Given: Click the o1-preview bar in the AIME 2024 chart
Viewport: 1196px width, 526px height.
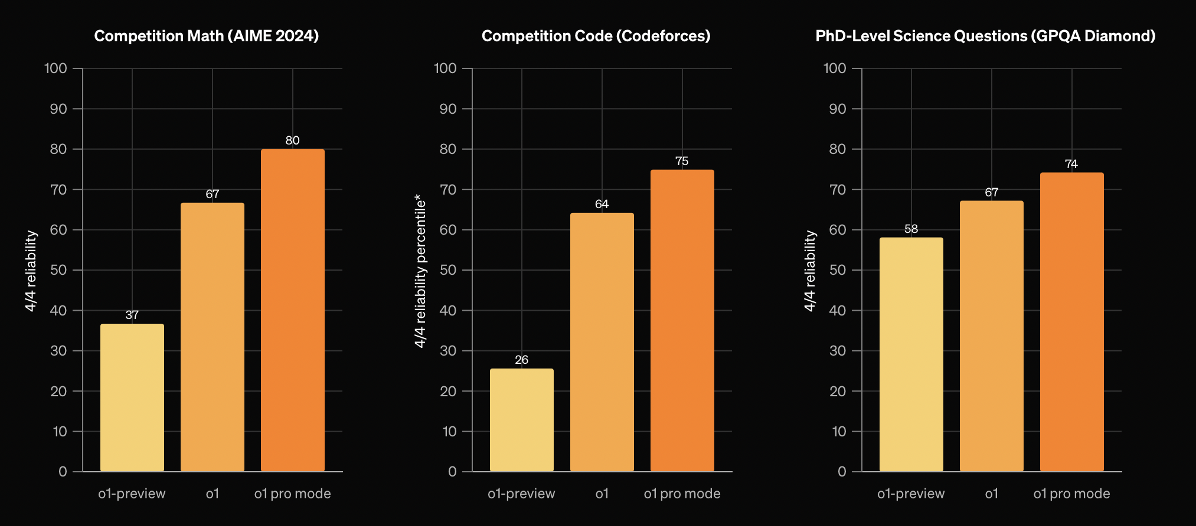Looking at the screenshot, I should (x=132, y=397).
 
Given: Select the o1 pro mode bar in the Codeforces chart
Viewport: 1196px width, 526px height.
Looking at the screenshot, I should (x=682, y=321).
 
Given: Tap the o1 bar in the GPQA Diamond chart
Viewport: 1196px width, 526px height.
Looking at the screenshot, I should (x=991, y=336).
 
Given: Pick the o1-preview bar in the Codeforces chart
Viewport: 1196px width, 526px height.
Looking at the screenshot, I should (x=521, y=420).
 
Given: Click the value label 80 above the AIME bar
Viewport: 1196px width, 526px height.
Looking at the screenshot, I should (x=292, y=140).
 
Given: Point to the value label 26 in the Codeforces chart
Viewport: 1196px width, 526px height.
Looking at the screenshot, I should (x=521, y=360).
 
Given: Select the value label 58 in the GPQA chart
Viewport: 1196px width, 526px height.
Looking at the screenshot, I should (x=911, y=229).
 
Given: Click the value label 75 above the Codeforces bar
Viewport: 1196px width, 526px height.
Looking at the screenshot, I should (x=682, y=161).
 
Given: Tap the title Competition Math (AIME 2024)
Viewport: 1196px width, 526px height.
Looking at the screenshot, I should (x=207, y=36).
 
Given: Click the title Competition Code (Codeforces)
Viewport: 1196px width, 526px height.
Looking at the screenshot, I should (x=596, y=36).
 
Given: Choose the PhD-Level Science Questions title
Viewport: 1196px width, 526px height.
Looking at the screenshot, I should (x=985, y=36).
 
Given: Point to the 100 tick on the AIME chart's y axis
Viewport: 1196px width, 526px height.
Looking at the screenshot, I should (x=55, y=68).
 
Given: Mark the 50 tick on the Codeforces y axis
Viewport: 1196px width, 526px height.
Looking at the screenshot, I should (x=448, y=270).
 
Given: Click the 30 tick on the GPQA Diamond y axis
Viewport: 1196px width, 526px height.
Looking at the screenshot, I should (x=838, y=351).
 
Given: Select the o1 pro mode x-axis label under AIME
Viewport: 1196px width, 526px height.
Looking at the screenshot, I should (x=292, y=494).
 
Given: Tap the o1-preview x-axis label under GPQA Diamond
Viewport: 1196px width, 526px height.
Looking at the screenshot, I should (x=911, y=494).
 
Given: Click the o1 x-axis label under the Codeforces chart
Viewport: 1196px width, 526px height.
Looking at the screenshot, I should (x=602, y=494).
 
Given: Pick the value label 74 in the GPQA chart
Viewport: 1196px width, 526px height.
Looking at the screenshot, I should (x=1071, y=164).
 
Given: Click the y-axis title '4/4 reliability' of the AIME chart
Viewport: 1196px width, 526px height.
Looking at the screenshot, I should (x=31, y=271).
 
